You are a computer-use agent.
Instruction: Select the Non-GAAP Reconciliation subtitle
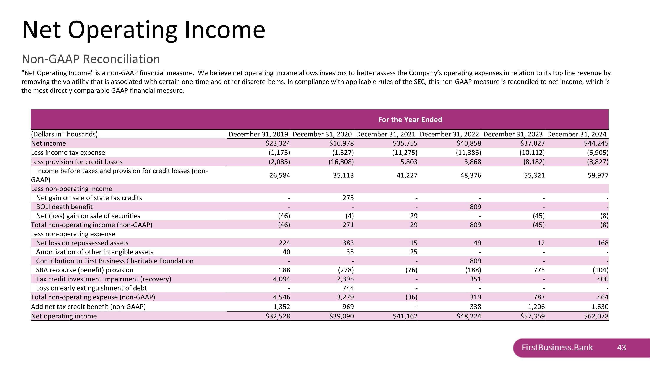tap(91, 59)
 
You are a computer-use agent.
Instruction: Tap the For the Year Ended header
tap(410, 120)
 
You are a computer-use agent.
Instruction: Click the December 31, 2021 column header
tap(386, 134)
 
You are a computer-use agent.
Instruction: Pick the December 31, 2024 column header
tap(576, 134)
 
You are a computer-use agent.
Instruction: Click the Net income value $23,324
tap(278, 143)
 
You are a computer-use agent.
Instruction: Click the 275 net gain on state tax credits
tap(348, 198)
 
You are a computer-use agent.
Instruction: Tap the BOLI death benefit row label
tap(64, 207)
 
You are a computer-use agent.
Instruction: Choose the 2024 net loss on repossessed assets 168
tap(603, 243)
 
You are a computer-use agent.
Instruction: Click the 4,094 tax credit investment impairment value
tap(281, 279)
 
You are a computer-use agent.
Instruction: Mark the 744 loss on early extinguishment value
tap(348, 288)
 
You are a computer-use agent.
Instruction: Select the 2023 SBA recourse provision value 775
tap(539, 270)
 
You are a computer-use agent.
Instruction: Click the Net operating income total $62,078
tap(596, 316)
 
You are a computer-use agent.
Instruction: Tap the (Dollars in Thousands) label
tap(64, 134)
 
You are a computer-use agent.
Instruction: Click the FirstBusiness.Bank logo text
tap(557, 348)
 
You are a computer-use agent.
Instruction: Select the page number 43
tap(621, 348)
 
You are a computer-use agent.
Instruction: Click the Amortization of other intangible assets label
tap(95, 252)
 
